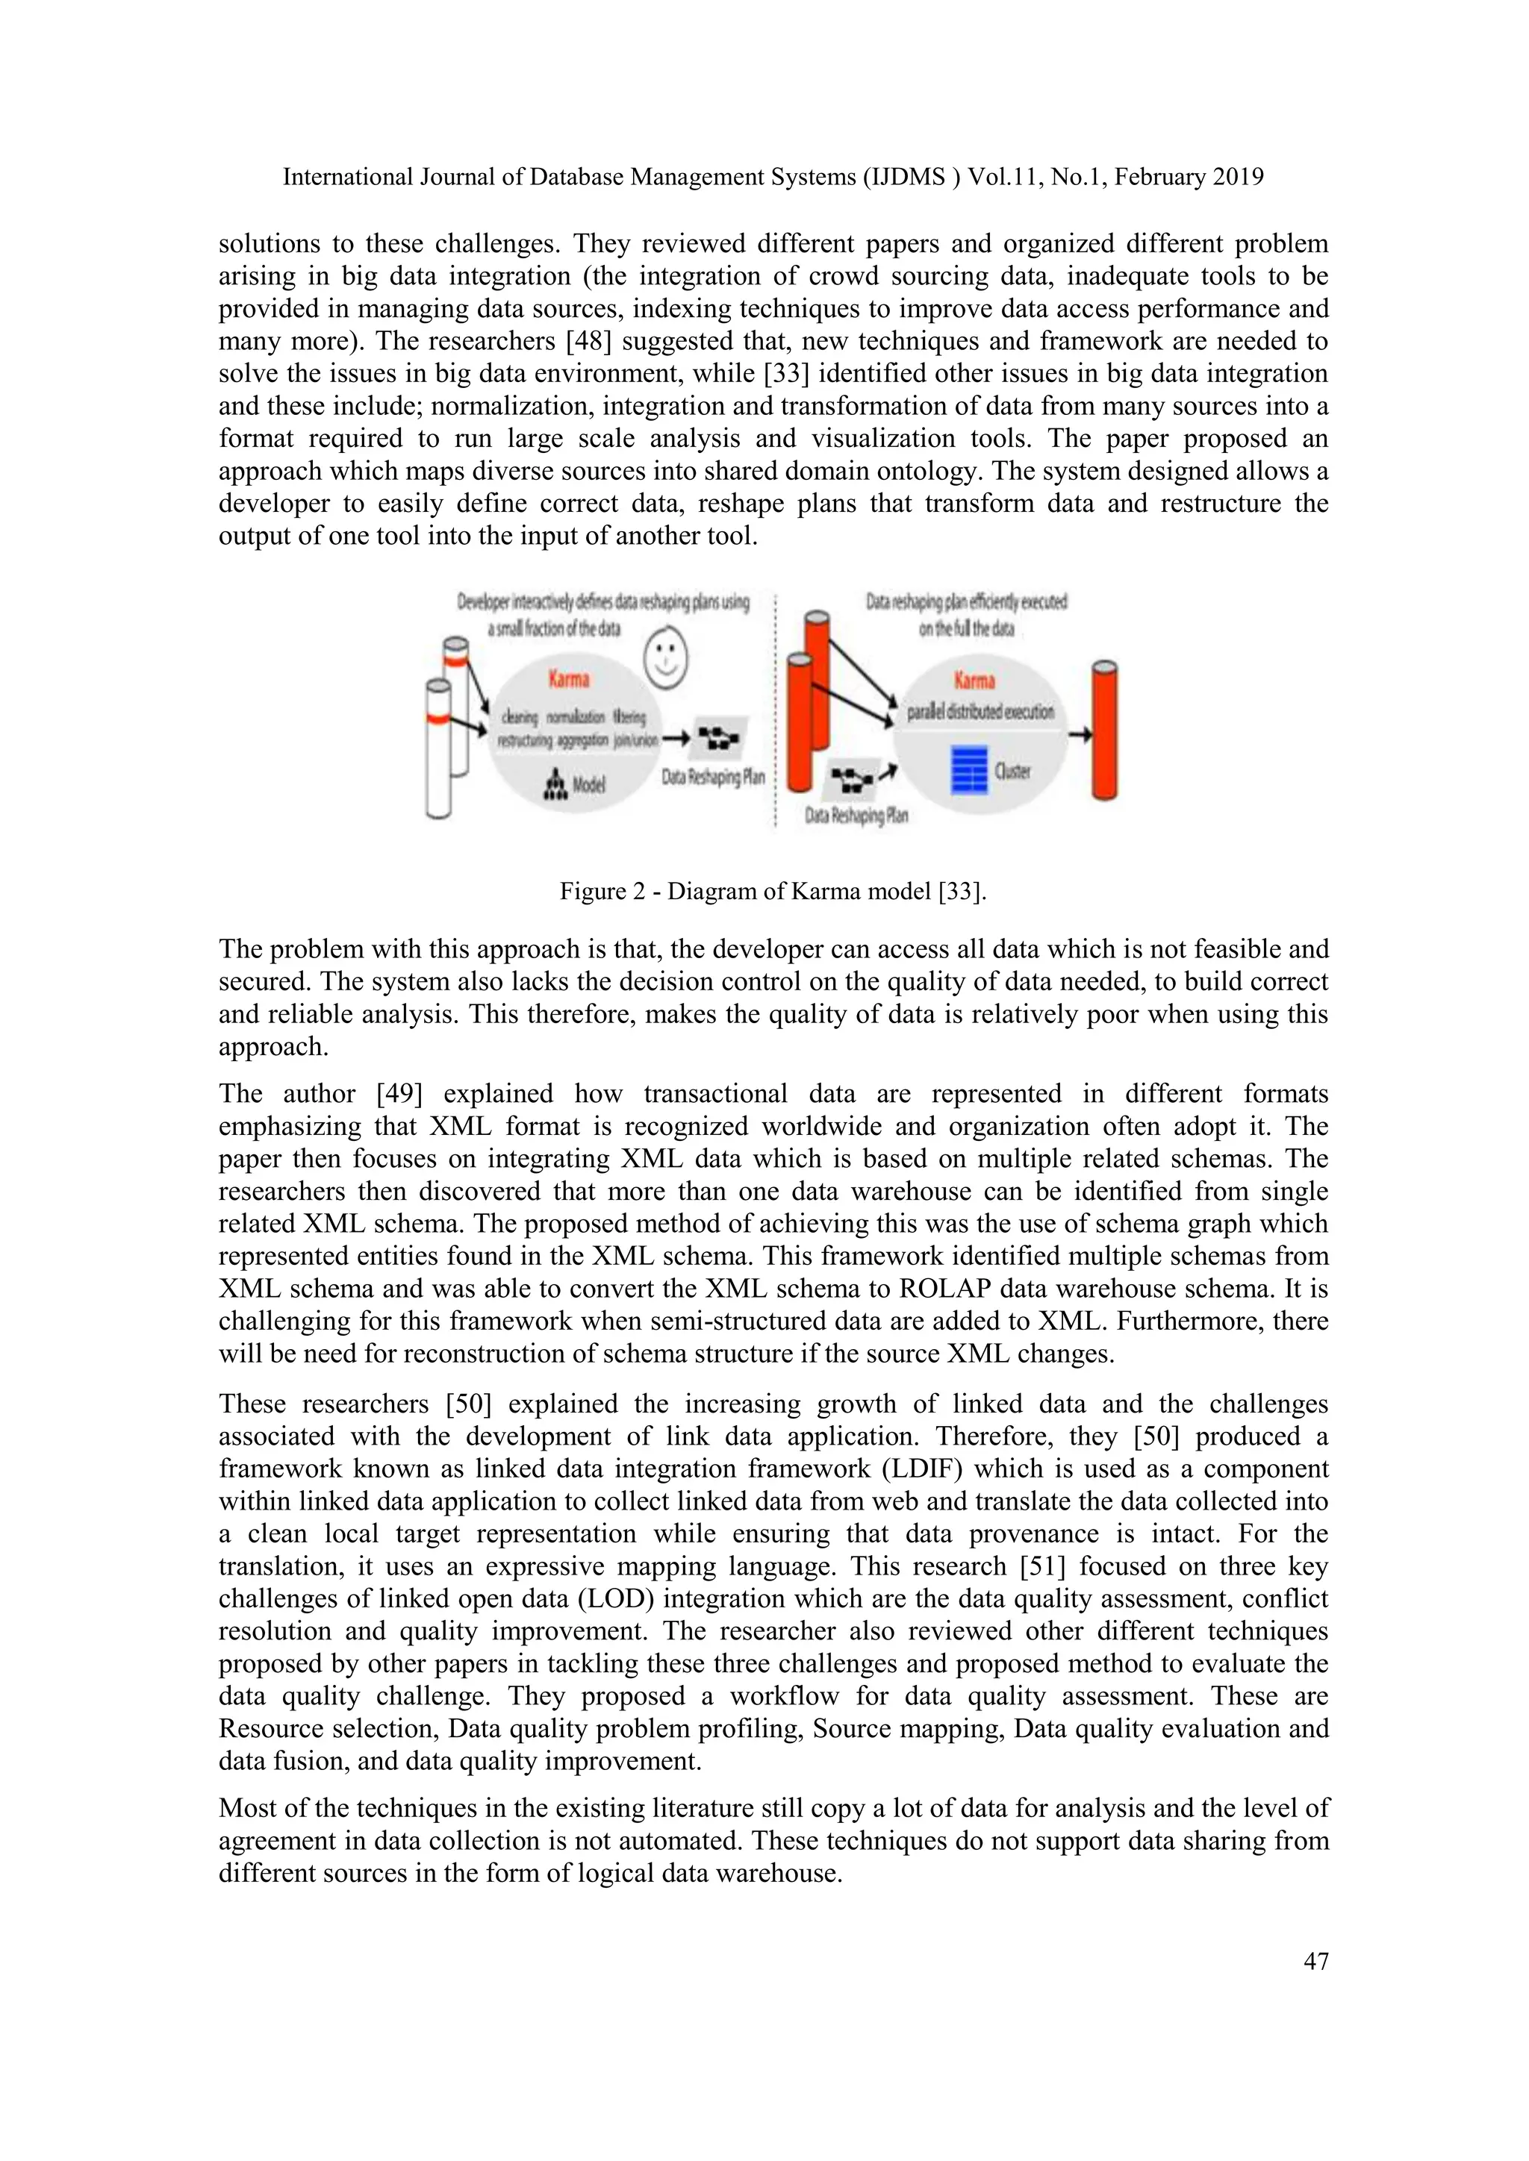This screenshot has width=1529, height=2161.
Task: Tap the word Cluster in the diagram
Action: (x=1013, y=772)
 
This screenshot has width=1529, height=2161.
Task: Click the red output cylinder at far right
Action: (x=1103, y=731)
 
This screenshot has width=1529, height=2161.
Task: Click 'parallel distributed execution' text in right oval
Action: (x=980, y=712)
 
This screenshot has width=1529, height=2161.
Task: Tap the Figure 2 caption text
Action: (x=772, y=890)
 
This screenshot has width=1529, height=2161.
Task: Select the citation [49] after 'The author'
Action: (x=402, y=1094)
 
